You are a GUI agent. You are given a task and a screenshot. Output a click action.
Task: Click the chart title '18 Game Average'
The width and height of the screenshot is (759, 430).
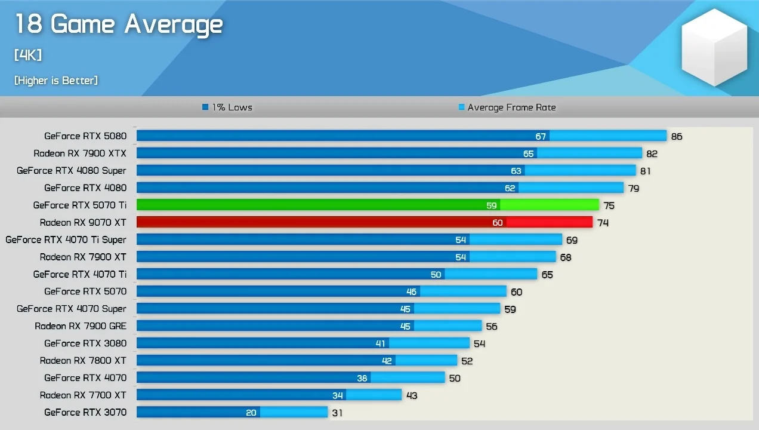click(x=118, y=24)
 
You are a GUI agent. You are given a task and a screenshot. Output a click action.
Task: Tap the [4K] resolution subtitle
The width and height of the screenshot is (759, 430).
click(x=28, y=56)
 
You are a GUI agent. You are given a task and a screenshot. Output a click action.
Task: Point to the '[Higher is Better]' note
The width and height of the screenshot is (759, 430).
click(x=56, y=81)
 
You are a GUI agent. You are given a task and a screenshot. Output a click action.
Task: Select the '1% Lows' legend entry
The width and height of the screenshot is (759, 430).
click(x=227, y=107)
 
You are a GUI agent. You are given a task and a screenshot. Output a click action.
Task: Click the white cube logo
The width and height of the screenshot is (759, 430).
click(x=714, y=47)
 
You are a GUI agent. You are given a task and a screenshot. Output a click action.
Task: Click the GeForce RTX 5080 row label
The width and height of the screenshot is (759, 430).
click(x=85, y=136)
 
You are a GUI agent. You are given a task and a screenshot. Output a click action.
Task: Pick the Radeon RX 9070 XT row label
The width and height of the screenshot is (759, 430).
click(x=83, y=223)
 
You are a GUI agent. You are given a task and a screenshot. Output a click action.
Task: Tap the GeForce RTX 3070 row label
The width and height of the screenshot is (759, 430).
click(x=85, y=412)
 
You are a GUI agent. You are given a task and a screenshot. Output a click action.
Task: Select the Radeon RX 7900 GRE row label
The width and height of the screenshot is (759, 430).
click(x=81, y=326)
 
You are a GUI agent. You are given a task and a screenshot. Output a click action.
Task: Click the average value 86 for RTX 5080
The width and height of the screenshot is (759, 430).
click(x=677, y=137)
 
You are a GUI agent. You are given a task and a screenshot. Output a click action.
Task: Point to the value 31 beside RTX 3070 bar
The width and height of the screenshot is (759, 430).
click(x=337, y=413)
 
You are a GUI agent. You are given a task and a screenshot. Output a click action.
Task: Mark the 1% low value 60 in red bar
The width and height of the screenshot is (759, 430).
click(x=498, y=223)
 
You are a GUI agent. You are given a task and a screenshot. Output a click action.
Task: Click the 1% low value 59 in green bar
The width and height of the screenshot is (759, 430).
click(x=491, y=205)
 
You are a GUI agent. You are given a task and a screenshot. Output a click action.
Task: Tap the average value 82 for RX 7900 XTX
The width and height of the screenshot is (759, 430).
click(x=652, y=154)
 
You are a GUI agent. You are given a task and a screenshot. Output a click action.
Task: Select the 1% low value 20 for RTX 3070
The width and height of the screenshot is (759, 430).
click(x=251, y=413)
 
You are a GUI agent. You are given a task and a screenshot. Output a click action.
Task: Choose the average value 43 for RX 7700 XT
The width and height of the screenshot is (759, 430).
click(x=411, y=395)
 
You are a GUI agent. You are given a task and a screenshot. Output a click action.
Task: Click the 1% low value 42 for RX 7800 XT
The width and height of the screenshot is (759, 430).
click(x=387, y=361)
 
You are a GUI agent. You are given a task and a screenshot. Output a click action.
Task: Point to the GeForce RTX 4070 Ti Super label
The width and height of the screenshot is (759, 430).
click(x=66, y=240)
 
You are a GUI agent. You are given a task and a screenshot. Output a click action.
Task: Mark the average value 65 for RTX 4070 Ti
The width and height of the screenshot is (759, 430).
click(x=547, y=275)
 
